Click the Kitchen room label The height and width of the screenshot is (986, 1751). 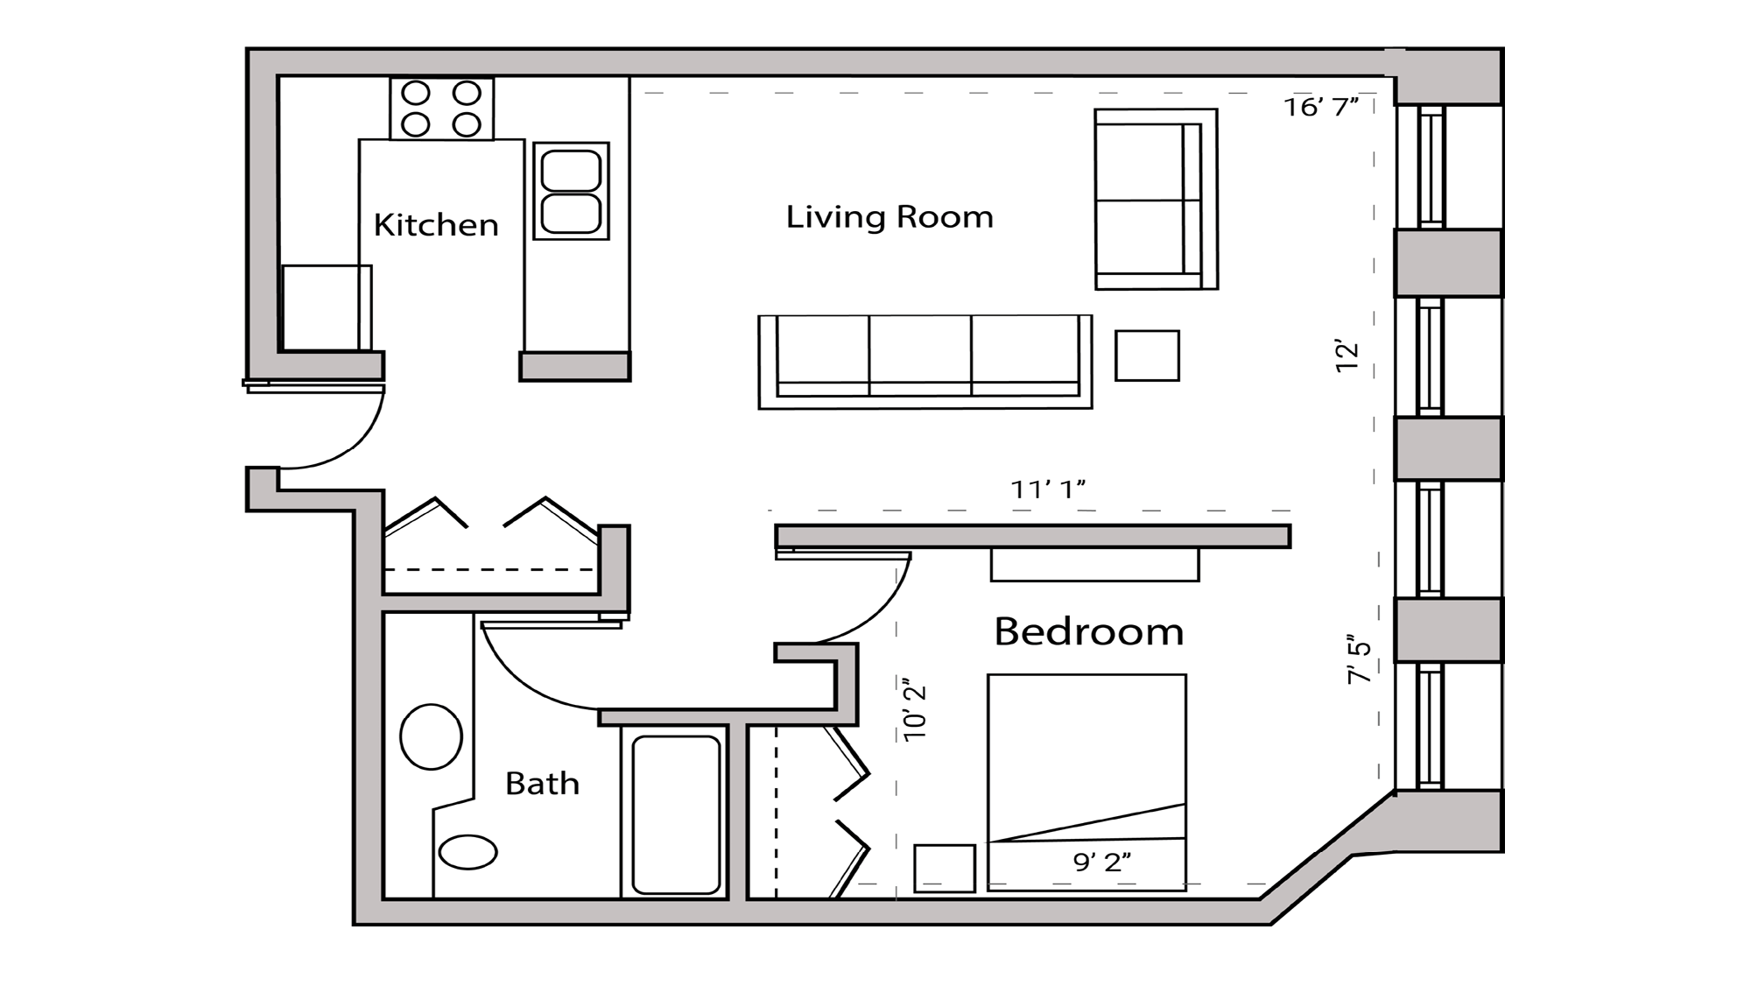(436, 225)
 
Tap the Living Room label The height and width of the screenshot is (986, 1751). (890, 217)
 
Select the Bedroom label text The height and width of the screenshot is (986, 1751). (1088, 631)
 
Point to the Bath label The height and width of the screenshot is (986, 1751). (542, 783)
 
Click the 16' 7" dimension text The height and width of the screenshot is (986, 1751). (1320, 107)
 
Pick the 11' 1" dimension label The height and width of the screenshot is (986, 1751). (1048, 489)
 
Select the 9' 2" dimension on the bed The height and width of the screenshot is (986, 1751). (1101, 863)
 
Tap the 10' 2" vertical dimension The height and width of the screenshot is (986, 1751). (915, 709)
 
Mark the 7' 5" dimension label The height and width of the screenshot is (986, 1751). (1360, 659)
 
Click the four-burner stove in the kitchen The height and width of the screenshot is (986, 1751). (441, 109)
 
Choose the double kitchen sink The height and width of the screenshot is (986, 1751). (571, 191)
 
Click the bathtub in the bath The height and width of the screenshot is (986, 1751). (675, 813)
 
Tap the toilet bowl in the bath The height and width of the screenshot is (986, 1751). (468, 852)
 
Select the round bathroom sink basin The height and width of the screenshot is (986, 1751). (431, 736)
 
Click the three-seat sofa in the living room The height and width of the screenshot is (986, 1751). (925, 362)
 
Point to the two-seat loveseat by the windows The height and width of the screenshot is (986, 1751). (1155, 200)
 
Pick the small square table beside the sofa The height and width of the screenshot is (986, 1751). (1147, 356)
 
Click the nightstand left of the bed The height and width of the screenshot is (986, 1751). (945, 868)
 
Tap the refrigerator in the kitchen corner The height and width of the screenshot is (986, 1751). (324, 307)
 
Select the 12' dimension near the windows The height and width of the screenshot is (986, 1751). (1347, 356)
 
